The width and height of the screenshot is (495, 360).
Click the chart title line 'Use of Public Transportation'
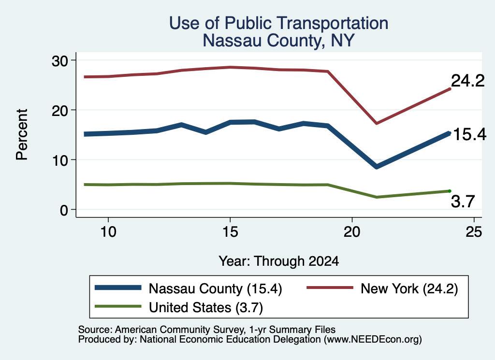pos(278,23)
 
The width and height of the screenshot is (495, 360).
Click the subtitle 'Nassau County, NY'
pos(278,41)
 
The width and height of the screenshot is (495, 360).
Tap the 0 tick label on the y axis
pos(64,210)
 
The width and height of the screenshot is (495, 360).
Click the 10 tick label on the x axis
pos(108,232)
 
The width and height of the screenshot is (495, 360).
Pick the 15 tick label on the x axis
pos(230,232)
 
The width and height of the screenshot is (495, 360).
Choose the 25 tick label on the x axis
pos(474,232)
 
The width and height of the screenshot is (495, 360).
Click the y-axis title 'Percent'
pos(22,135)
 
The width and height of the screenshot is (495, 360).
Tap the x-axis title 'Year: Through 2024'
pos(279,261)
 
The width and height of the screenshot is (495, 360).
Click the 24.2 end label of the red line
pos(467,81)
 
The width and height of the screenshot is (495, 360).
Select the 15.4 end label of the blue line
pos(470,134)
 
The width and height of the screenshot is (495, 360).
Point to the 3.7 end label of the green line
pos(463,202)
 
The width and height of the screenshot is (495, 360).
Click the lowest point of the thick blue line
pos(376,167)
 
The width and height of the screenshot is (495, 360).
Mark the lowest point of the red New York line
pos(376,123)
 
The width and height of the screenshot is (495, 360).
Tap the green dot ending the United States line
pos(450,191)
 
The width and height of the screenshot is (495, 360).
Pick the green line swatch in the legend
pos(118,306)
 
